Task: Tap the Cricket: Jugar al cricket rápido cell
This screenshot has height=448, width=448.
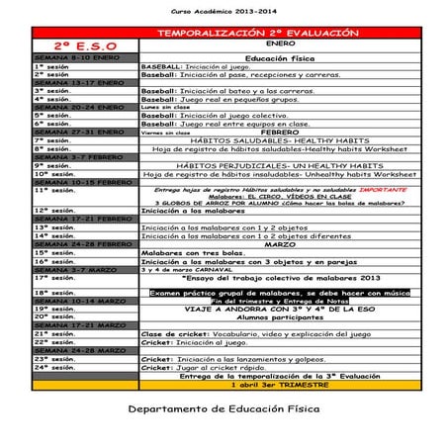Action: coord(204,367)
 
